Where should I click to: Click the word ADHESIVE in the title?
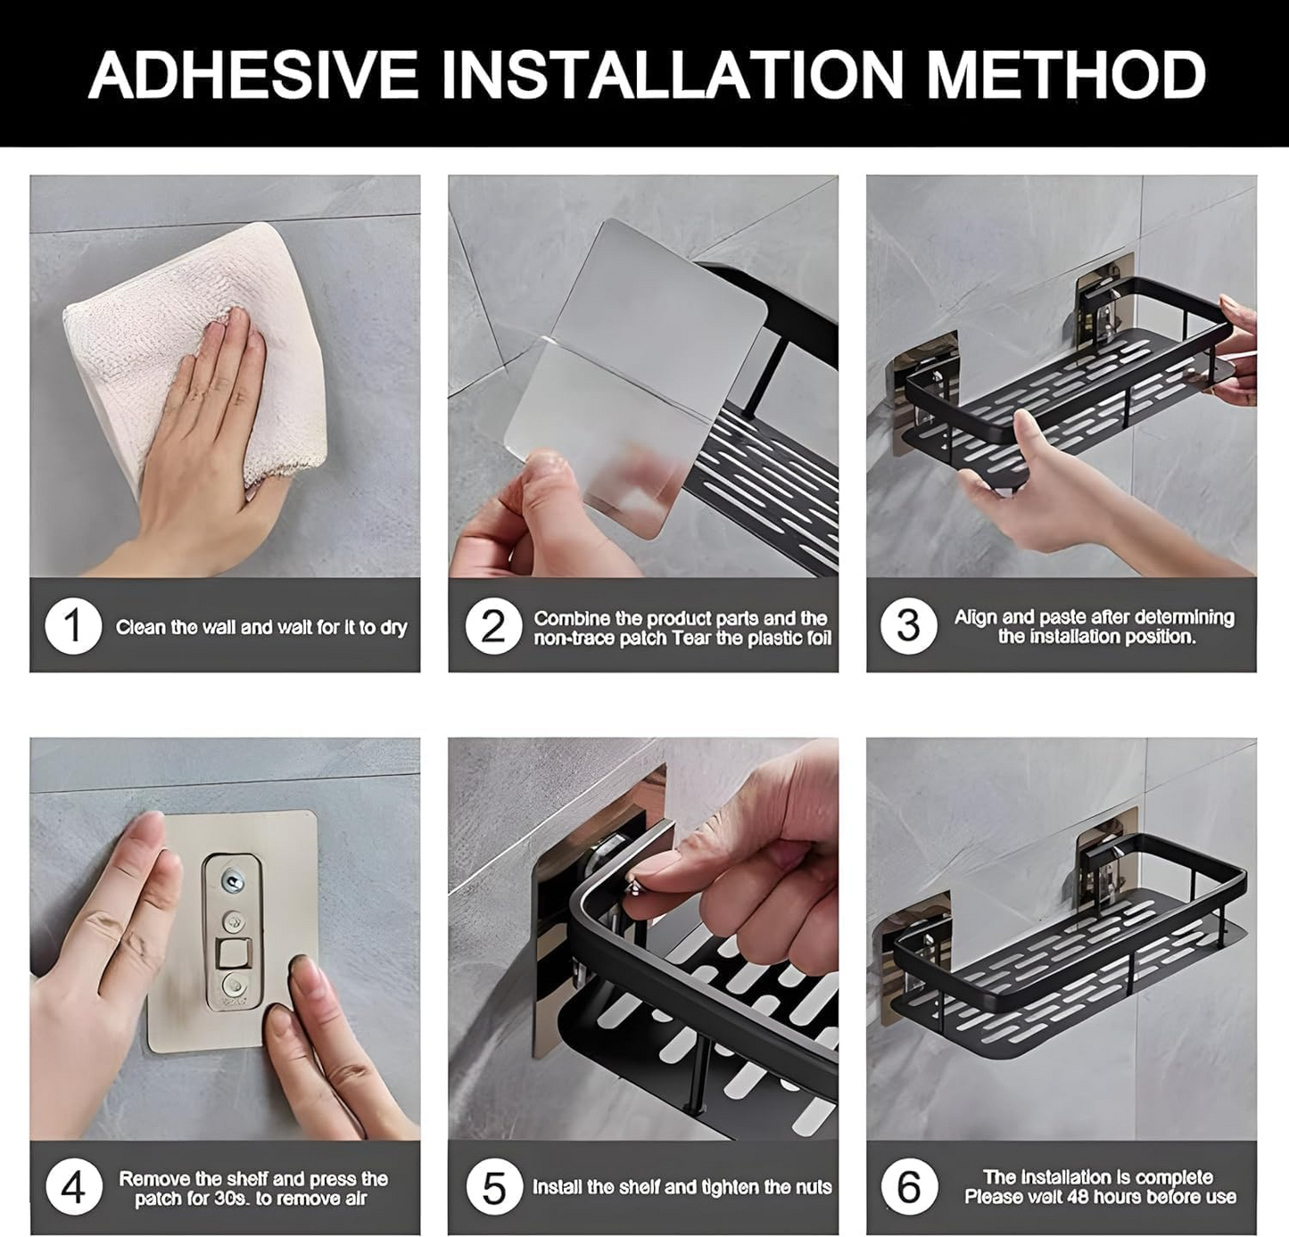click(x=253, y=75)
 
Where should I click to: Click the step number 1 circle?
click(x=73, y=626)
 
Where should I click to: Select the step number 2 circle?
click(x=492, y=626)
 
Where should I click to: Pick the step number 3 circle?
click(x=908, y=626)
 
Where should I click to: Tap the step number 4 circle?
click(x=73, y=1188)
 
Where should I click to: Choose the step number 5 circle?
click(x=493, y=1188)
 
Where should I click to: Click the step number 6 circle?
click(x=908, y=1188)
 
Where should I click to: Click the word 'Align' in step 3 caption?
click(x=975, y=617)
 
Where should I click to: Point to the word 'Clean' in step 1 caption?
click(x=140, y=627)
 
